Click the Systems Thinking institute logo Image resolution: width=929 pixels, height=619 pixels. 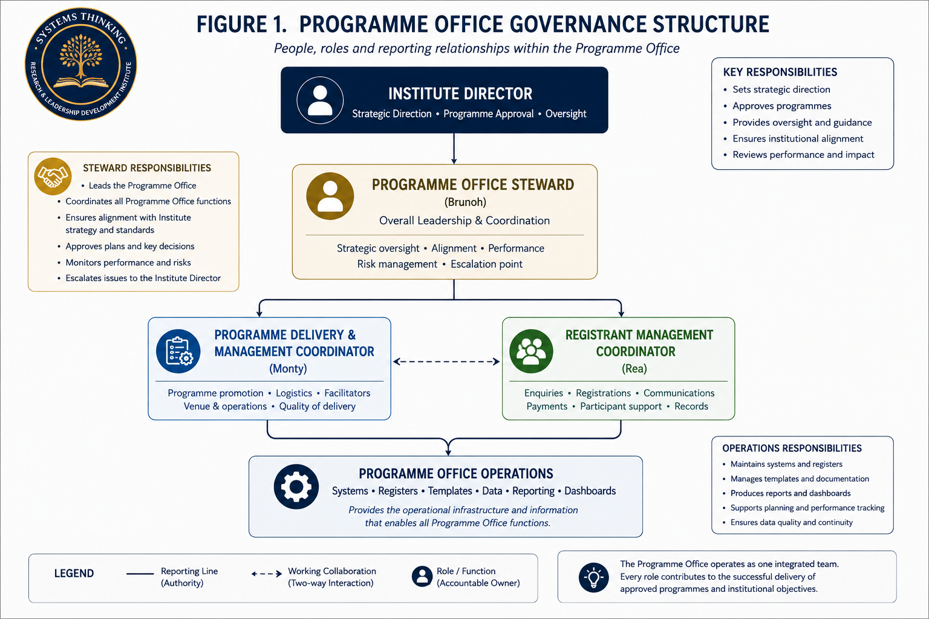coord(81,64)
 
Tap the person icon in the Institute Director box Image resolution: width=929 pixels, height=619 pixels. coord(320,100)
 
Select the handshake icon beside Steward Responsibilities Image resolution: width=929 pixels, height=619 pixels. coord(53,176)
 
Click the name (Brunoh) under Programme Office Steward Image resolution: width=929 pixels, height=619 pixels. coord(465,202)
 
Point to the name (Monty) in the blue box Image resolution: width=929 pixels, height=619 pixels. coord(288,368)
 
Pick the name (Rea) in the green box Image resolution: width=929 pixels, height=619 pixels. coord(634,368)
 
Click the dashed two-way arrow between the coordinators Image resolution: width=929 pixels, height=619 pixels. coord(446,361)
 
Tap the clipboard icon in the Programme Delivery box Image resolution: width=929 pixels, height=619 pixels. coord(178,351)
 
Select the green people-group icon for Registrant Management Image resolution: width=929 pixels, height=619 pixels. coord(531,351)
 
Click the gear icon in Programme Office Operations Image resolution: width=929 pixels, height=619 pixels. coord(296,487)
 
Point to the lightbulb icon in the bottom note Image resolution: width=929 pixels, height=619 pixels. coord(593,577)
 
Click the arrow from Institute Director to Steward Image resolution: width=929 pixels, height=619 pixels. coord(454,149)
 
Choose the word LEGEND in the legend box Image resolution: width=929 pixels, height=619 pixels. coord(74,574)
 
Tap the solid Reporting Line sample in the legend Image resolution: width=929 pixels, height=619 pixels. coord(140,574)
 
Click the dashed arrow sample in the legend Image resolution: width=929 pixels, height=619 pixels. coord(267,574)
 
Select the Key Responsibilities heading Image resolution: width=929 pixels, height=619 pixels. coord(780,72)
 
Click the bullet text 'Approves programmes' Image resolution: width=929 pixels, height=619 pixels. coord(782,106)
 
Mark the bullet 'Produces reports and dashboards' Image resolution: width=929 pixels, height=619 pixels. coord(790,493)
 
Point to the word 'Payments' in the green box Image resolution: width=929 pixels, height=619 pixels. coord(547,406)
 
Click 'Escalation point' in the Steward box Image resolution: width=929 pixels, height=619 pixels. coord(486,264)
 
